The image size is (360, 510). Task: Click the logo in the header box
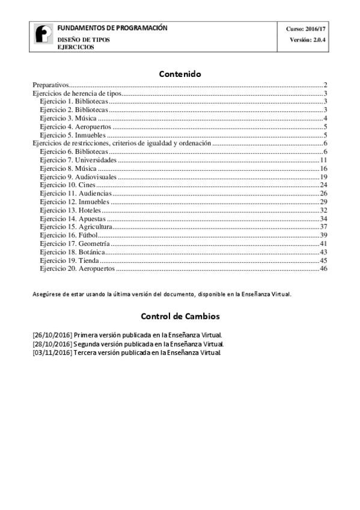tap(43, 37)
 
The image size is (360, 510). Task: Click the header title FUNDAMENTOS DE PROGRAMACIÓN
tap(112, 28)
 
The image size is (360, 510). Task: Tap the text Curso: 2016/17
tap(307, 29)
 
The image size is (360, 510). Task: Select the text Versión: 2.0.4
tap(308, 40)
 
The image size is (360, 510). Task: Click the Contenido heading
tap(180, 74)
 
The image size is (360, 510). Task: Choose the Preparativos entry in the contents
tap(51, 85)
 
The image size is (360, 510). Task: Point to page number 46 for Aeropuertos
tap(323, 269)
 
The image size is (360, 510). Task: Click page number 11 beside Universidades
tap(323, 160)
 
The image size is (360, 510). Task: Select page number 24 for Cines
tap(323, 185)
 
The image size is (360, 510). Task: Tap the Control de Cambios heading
tap(180, 316)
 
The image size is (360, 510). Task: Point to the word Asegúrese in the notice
tap(47, 295)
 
